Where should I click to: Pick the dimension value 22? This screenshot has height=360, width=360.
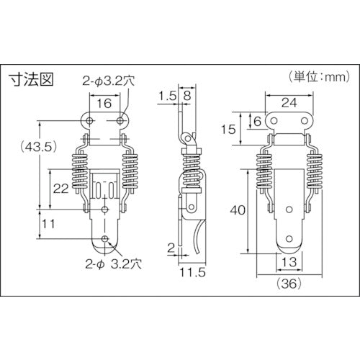click(62, 188)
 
